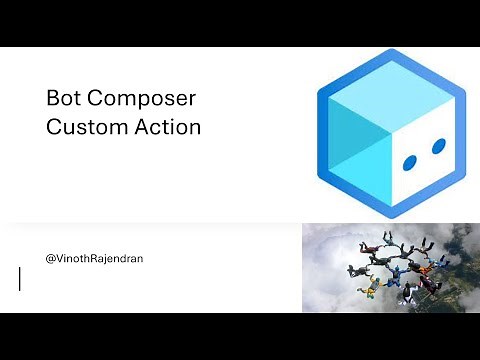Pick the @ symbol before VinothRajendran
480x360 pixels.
[51, 258]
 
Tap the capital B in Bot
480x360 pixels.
[52, 99]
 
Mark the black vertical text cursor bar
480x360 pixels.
[20, 278]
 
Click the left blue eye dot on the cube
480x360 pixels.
[409, 161]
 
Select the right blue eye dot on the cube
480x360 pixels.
[438, 146]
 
